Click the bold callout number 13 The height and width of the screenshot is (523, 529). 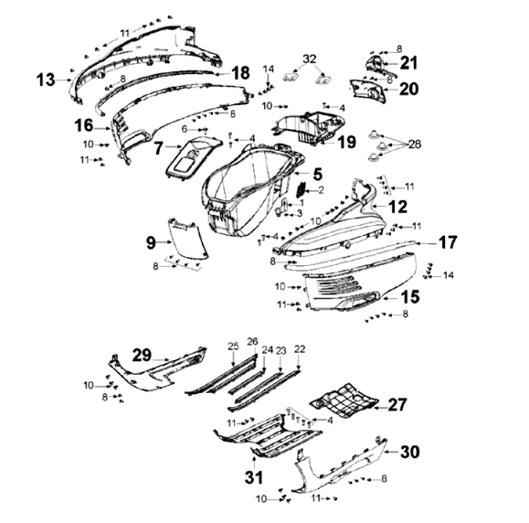pos(46,80)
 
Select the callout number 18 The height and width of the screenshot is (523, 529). pos(241,73)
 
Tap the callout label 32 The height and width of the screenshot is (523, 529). pos(310,59)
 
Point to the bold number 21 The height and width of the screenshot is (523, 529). pos(409,63)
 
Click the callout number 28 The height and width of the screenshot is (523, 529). pos(415,144)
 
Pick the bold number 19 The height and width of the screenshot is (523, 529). pos(347,142)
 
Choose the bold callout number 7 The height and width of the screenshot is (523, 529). pos(159,148)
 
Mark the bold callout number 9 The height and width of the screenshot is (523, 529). pos(151,243)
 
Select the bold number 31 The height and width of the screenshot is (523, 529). pos(254,477)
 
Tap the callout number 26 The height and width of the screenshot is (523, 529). pos(253,341)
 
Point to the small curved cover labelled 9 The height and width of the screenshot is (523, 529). pos(187,240)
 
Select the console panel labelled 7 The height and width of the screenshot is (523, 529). pos(193,157)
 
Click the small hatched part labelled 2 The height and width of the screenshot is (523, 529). pos(301,189)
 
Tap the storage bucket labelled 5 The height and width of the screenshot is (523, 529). pos(249,189)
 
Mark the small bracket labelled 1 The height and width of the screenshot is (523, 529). pos(282,207)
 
